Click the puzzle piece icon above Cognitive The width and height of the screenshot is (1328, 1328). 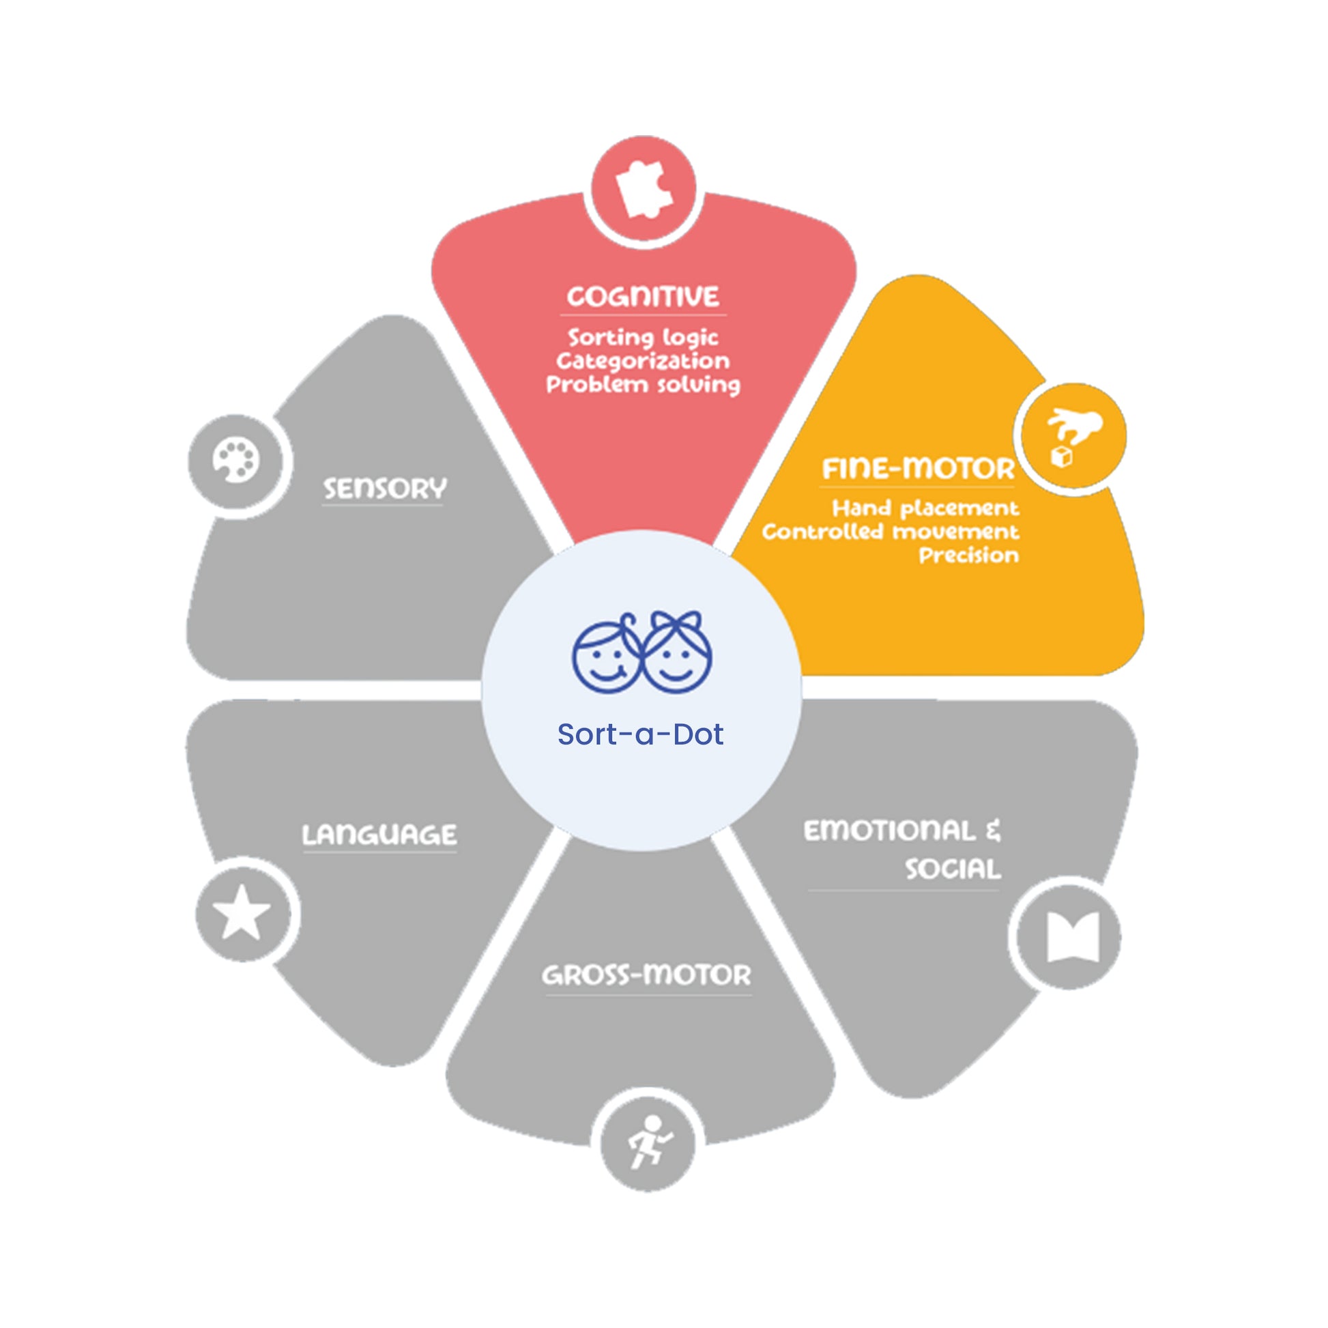[644, 189]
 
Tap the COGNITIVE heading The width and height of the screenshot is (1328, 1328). [644, 296]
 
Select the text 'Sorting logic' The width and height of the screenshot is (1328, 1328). [644, 338]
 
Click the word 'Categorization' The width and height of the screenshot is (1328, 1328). [644, 361]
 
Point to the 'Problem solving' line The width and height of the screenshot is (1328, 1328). [644, 384]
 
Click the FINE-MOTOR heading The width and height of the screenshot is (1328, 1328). [919, 469]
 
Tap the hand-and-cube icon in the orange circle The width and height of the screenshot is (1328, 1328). [1072, 437]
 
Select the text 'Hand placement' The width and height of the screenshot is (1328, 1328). [925, 508]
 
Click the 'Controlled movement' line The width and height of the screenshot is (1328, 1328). [891, 532]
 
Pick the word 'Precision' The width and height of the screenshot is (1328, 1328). [969, 555]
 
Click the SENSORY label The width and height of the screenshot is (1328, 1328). [385, 489]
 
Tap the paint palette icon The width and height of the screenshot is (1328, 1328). [235, 461]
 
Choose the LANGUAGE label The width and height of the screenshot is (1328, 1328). [379, 835]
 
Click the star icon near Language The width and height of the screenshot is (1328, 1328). [242, 913]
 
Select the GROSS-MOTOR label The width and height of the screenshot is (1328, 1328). [647, 975]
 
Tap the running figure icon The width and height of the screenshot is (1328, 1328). [650, 1142]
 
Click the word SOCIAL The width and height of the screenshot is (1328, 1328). [953, 869]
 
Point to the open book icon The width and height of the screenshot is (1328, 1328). [1073, 937]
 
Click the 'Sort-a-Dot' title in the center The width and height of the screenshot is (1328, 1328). [640, 734]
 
